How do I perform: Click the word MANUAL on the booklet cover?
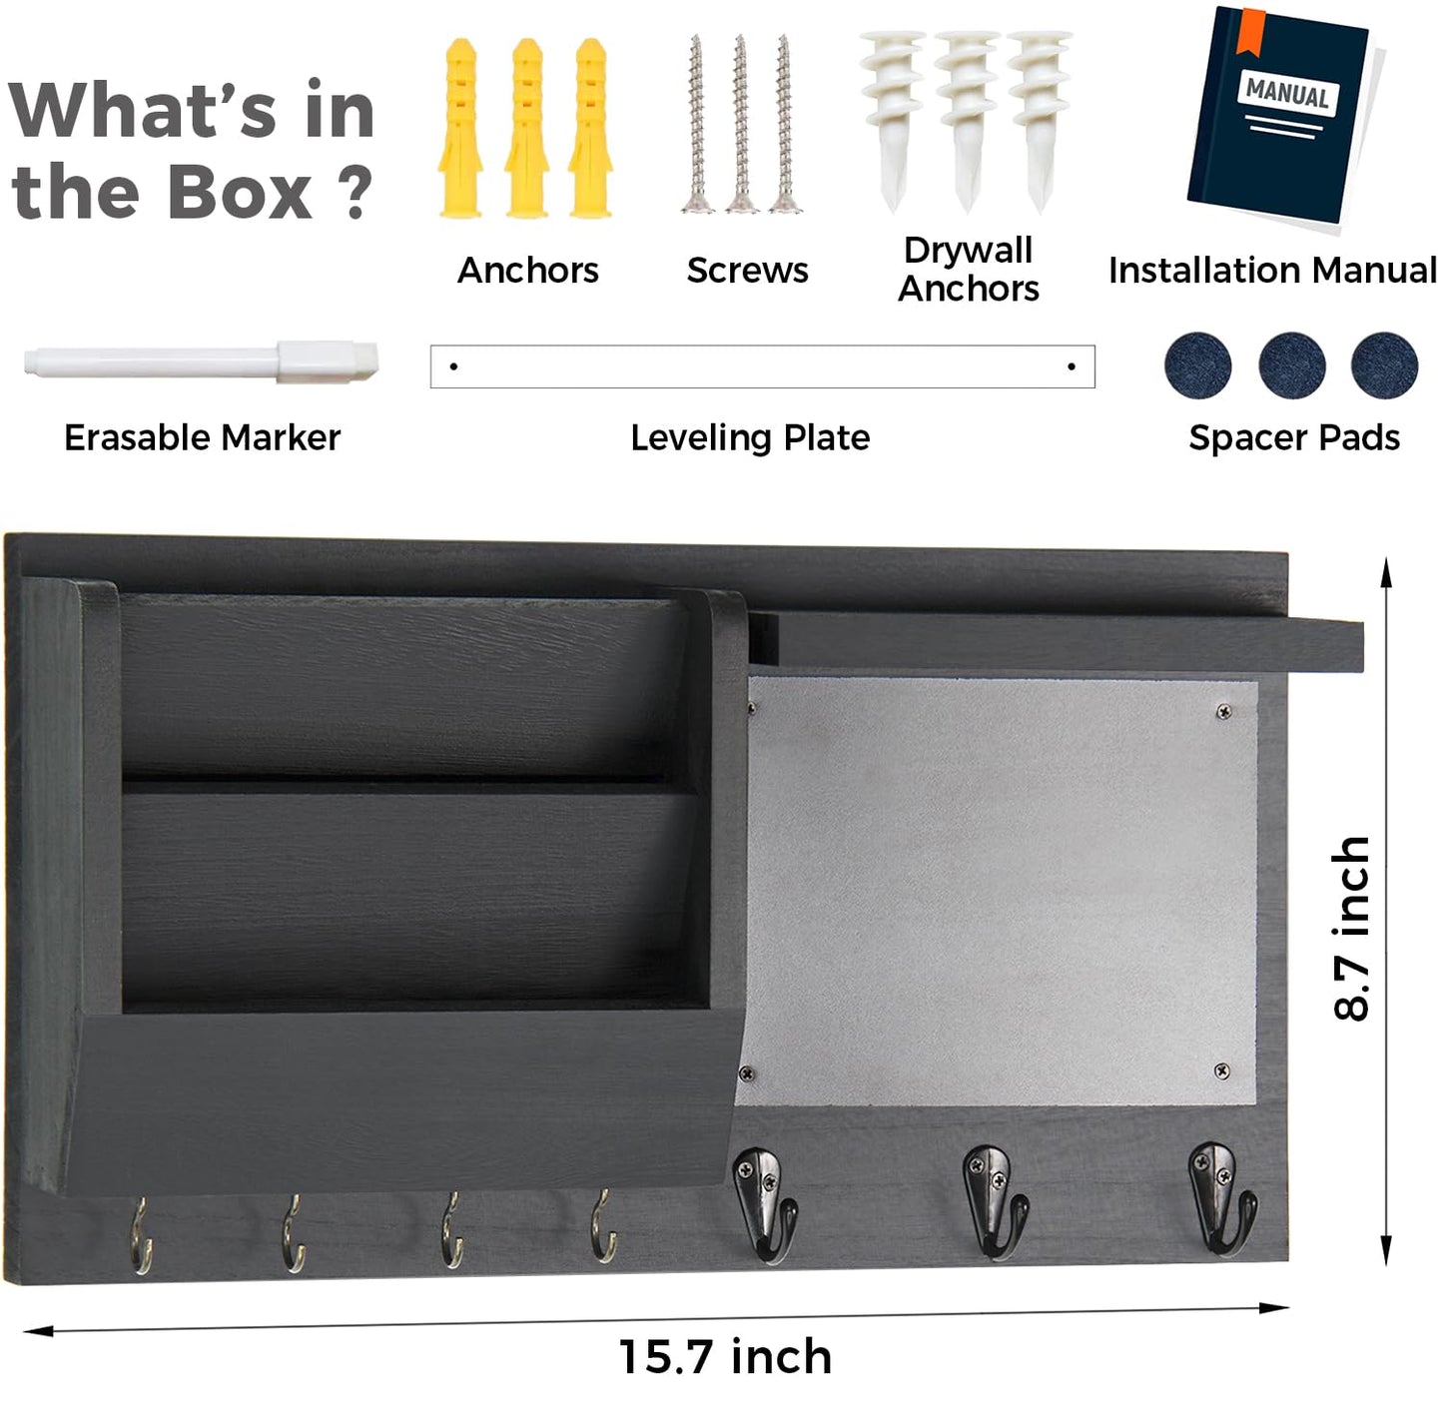[1286, 94]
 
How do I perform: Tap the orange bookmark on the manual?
[1251, 31]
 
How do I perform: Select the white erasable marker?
[201, 361]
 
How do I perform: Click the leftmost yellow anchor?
[460, 128]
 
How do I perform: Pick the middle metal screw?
[740, 124]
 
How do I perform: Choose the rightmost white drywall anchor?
[1039, 121]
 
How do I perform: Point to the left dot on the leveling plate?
[453, 366]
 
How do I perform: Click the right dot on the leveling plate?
[1072, 366]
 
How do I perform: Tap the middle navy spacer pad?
[1292, 365]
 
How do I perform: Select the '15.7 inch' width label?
[725, 1356]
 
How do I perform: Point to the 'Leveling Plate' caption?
[750, 437]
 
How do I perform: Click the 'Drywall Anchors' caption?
[969, 270]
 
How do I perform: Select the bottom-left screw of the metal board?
[747, 1072]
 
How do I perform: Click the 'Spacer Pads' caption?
[1294, 437]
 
